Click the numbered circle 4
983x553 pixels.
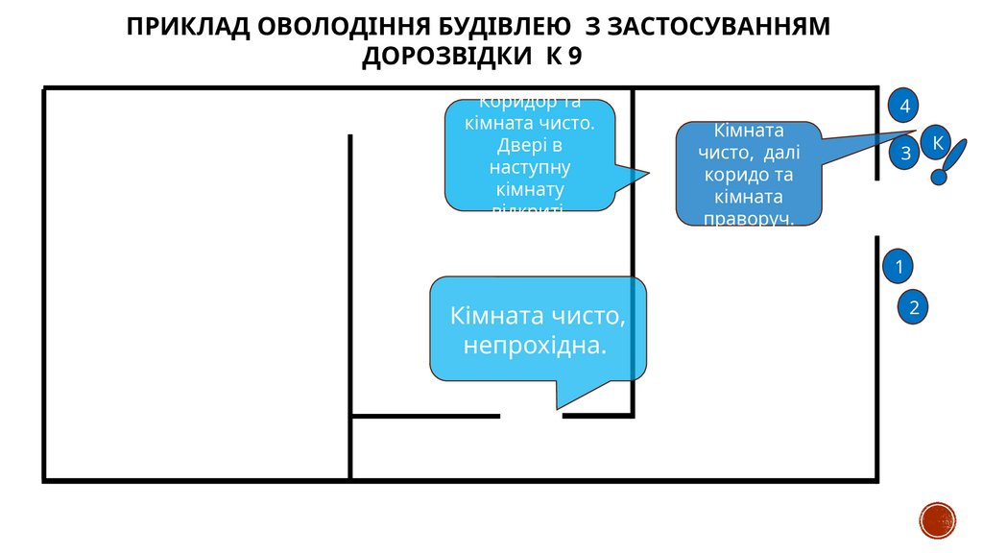pyautogui.click(x=904, y=106)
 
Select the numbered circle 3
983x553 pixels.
pyautogui.click(x=904, y=153)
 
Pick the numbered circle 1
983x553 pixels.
pyautogui.click(x=899, y=266)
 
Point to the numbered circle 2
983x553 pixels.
pyautogui.click(x=914, y=307)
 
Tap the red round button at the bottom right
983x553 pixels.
pyautogui.click(x=938, y=520)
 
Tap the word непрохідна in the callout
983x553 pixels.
pyautogui.click(x=535, y=344)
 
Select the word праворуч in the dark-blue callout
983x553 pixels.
pyautogui.click(x=749, y=218)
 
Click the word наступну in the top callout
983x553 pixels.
pyautogui.click(x=529, y=166)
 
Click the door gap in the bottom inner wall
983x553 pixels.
pyautogui.click(x=531, y=417)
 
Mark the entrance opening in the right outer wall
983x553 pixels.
pyautogui.click(x=876, y=208)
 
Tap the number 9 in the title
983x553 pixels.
pyautogui.click(x=574, y=56)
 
